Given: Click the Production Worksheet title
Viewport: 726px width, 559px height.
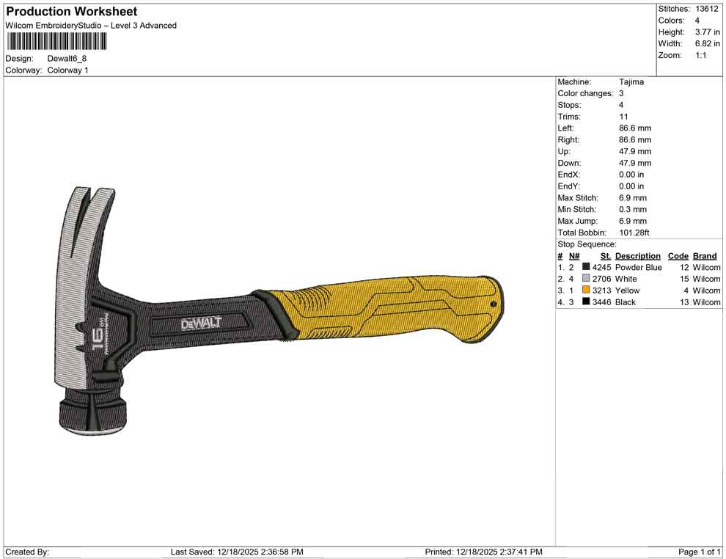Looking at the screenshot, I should point(71,12).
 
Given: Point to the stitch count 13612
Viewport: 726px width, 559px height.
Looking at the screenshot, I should point(707,9).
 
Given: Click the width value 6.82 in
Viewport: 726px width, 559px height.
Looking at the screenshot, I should point(707,44).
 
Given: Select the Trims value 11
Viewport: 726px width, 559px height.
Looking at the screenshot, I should point(623,117).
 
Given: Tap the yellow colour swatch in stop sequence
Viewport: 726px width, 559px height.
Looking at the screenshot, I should point(586,291).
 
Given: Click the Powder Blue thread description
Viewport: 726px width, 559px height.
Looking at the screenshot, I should point(638,268).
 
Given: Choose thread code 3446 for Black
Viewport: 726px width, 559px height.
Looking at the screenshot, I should point(601,302).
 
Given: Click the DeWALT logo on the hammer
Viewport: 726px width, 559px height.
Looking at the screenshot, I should point(201,324).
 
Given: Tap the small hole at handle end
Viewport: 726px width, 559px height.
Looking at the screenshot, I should point(494,304).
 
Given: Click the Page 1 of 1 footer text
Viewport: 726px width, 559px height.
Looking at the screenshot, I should point(700,552).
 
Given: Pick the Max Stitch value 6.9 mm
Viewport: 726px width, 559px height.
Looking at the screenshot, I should point(632,198).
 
